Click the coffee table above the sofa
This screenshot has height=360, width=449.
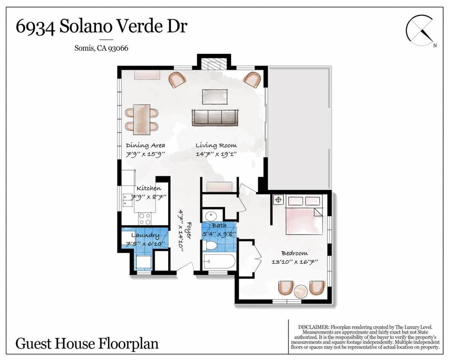tap(215, 97)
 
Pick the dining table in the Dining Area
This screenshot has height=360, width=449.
tap(142, 119)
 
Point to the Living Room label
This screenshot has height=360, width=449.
tap(216, 145)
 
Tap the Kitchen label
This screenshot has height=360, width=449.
tap(149, 188)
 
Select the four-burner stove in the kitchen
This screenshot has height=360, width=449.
tap(145, 219)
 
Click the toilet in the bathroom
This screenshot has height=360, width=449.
tap(210, 246)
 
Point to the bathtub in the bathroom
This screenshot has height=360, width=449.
tap(219, 261)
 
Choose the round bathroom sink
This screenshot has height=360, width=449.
tap(211, 215)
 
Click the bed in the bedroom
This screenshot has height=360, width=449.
tap(304, 215)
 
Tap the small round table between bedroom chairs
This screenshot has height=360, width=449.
tap(301, 292)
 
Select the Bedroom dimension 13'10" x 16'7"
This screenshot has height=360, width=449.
tap(295, 261)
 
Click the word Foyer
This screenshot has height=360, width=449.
tap(189, 231)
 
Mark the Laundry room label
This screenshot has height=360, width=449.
tap(145, 235)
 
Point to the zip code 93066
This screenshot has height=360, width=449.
tap(118, 48)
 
